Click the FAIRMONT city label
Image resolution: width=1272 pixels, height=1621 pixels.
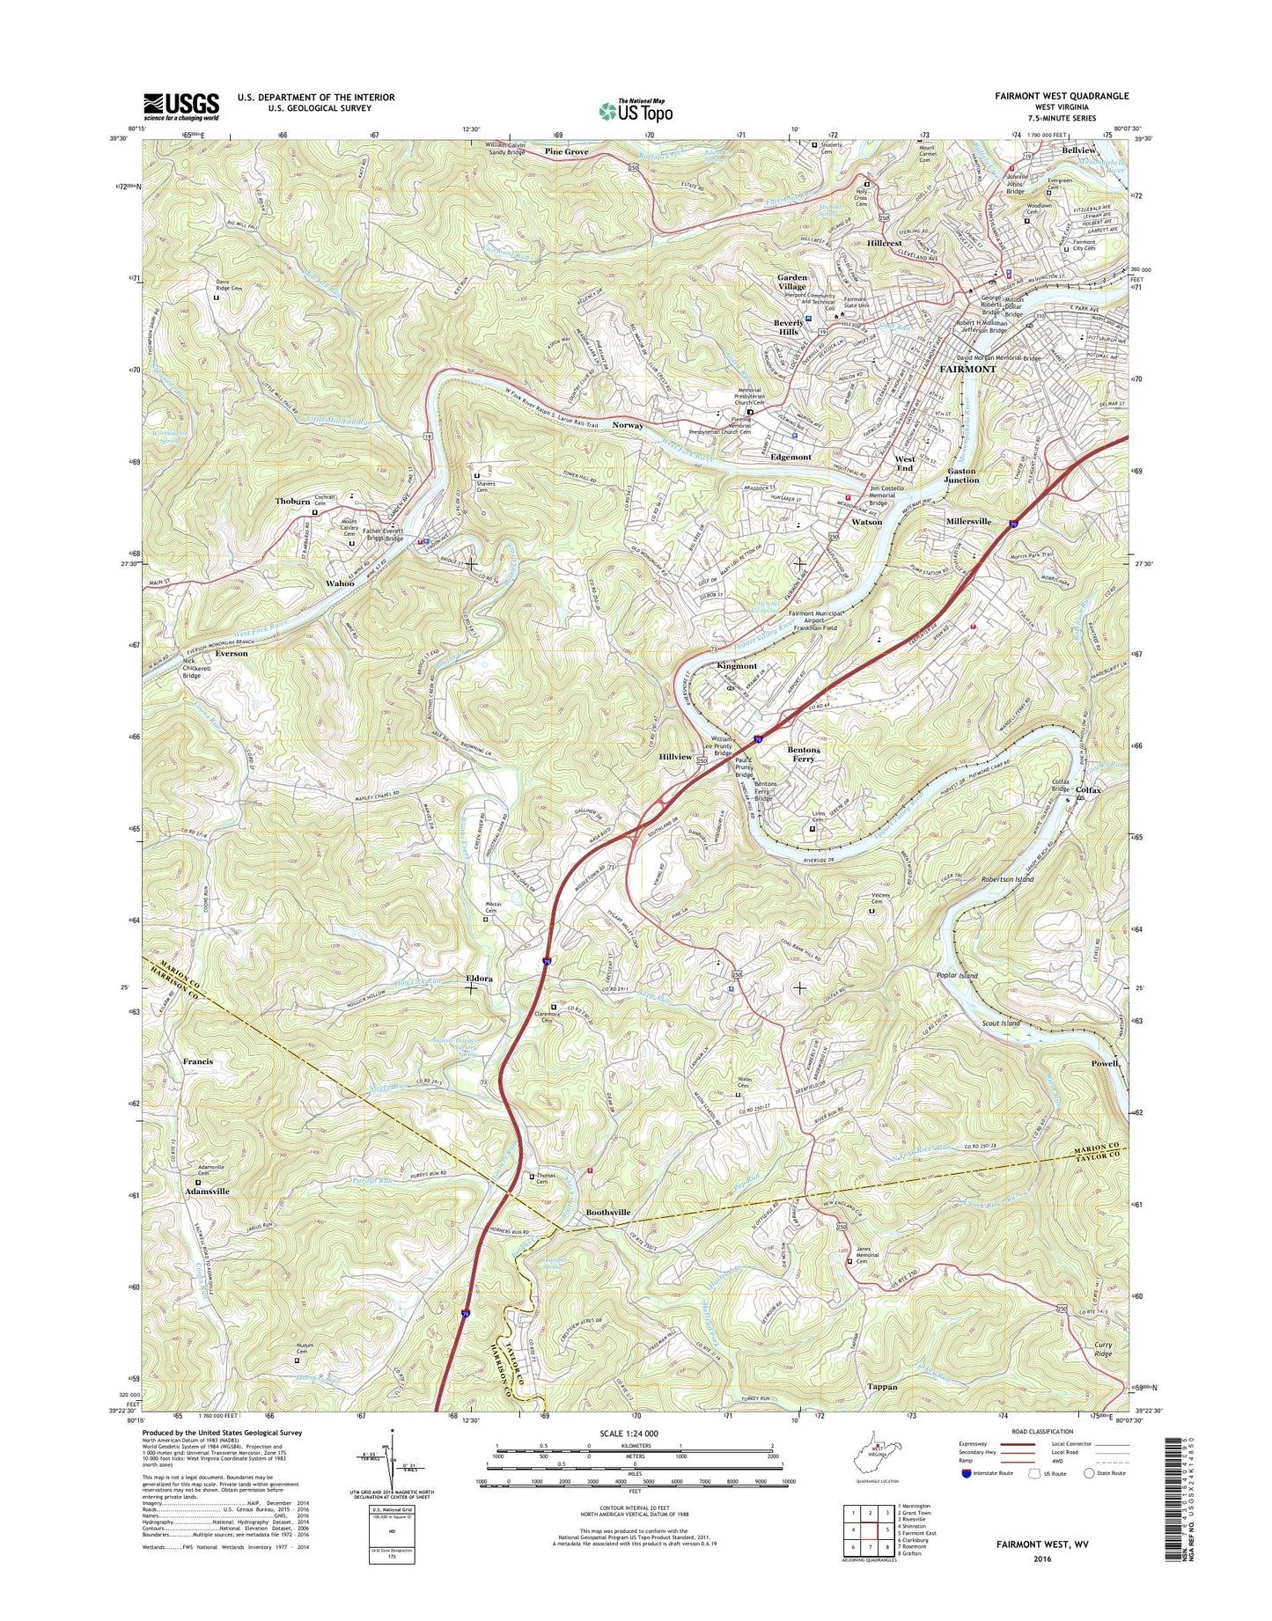pyautogui.click(x=967, y=369)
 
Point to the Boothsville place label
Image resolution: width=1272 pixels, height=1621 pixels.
pyautogui.click(x=608, y=1212)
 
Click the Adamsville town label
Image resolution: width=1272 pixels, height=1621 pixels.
pyautogui.click(x=207, y=1191)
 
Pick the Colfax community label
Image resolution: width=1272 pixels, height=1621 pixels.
pyautogui.click(x=1088, y=790)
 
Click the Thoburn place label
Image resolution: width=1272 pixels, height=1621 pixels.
pyautogui.click(x=292, y=501)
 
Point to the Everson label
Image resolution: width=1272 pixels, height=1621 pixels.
pyautogui.click(x=232, y=654)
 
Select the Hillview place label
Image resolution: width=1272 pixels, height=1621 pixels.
pyautogui.click(x=675, y=757)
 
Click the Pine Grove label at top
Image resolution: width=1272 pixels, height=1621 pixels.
pyautogui.click(x=566, y=152)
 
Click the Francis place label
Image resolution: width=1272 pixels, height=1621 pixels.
pyautogui.click(x=198, y=1061)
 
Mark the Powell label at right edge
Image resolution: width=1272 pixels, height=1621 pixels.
pyautogui.click(x=1105, y=1063)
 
